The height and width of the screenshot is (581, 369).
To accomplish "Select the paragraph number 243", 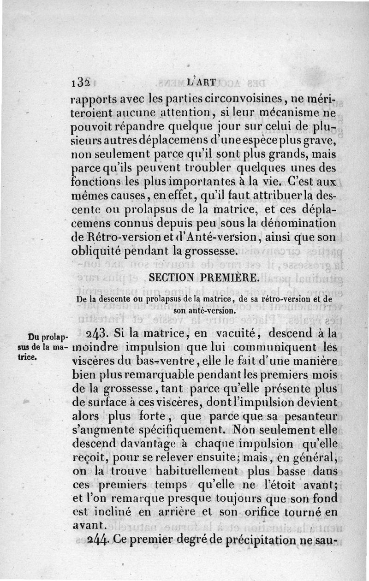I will coord(97,332).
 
